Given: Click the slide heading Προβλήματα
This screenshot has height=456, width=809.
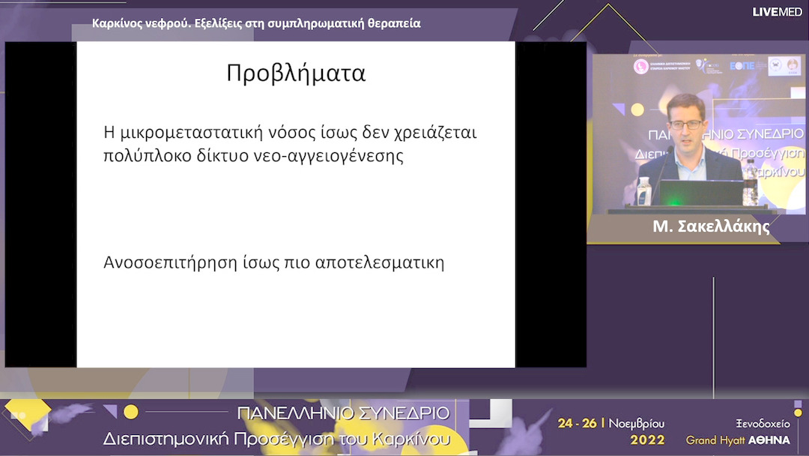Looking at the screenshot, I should [x=296, y=73].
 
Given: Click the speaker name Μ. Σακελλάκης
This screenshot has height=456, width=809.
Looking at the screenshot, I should [x=711, y=227].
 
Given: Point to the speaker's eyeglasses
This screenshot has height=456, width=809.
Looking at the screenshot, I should [x=685, y=124].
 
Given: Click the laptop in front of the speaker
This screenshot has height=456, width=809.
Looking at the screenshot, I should [x=700, y=193].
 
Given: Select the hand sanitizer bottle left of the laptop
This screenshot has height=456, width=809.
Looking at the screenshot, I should [x=643, y=190].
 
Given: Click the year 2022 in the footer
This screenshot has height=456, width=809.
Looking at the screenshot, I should [x=647, y=439].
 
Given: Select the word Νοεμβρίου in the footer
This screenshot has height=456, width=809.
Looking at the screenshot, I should [x=636, y=423].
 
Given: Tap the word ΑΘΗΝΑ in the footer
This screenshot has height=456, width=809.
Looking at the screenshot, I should [x=769, y=439].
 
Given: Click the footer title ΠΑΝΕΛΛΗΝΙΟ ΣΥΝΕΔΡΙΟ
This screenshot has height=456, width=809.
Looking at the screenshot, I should [x=343, y=413].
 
